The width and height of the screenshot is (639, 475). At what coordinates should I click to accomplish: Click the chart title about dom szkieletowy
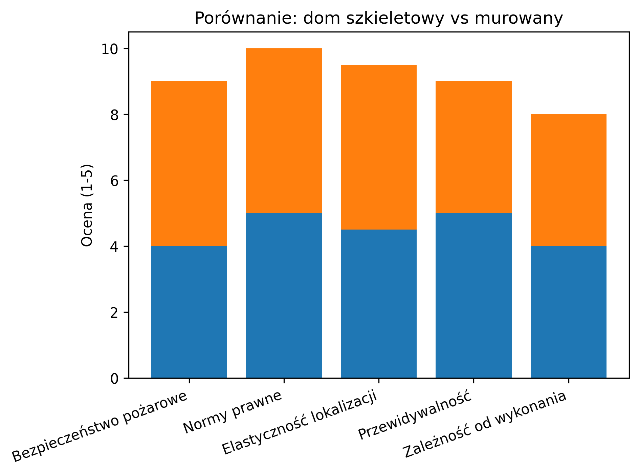tap(378, 19)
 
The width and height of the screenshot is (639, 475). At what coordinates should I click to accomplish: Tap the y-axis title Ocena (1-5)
tap(87, 205)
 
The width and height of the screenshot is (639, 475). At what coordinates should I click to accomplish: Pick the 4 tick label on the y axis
tap(114, 247)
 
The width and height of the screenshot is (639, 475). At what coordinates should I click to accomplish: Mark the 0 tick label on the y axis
tap(114, 378)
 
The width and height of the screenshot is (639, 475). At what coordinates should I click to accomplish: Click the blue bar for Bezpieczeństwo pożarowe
tap(189, 312)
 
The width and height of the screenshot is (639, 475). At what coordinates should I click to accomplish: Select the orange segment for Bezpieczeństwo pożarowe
tap(189, 164)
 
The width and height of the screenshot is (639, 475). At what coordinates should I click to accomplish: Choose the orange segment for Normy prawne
tap(284, 131)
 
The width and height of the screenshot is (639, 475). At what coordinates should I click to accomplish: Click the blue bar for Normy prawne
tap(284, 295)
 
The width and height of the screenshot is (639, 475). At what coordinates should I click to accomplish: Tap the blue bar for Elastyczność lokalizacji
tap(378, 304)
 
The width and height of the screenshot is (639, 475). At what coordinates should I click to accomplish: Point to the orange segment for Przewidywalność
tap(473, 147)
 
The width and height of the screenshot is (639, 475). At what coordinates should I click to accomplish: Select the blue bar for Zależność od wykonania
tap(568, 312)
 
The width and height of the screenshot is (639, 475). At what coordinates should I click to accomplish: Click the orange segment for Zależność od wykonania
tap(568, 180)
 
